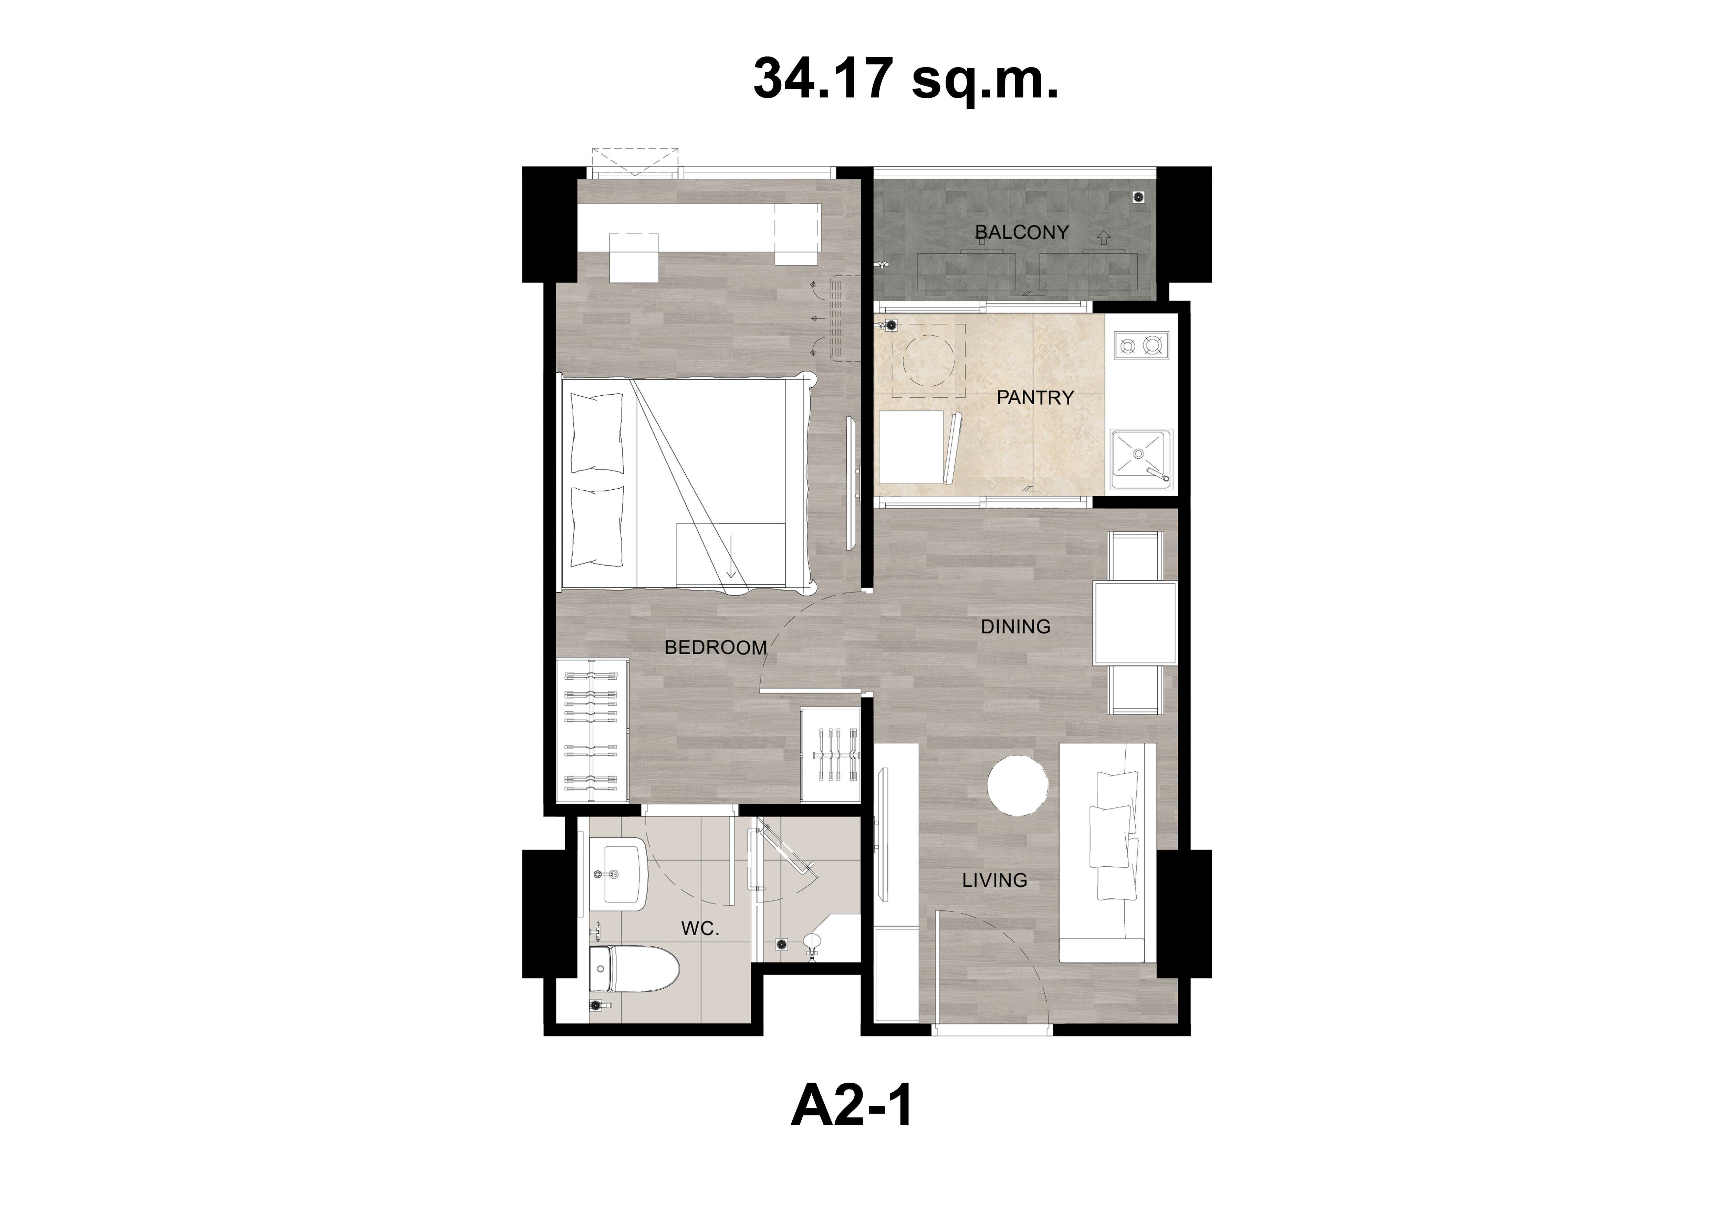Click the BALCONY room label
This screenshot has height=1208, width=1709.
[x=1021, y=232]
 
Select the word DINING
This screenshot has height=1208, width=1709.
[x=1015, y=627]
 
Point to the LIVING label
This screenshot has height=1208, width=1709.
[x=994, y=881]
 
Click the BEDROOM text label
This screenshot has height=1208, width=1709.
[x=715, y=647]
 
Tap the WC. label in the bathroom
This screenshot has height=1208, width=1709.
[x=700, y=929]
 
